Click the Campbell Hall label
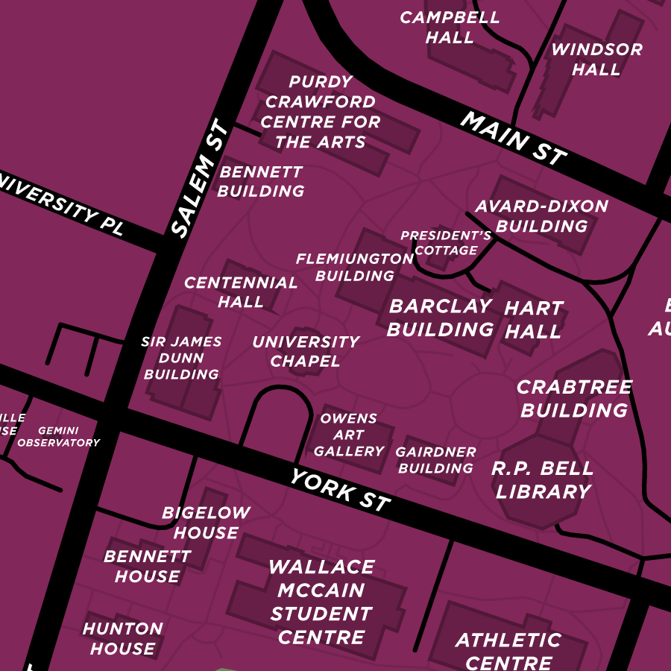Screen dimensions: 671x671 click(449, 28)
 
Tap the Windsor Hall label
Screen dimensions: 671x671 click(596, 60)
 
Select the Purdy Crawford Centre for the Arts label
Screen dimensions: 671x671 click(321, 112)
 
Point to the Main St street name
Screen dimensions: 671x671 click(513, 138)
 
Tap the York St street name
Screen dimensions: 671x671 click(340, 491)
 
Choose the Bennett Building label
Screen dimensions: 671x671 click(261, 182)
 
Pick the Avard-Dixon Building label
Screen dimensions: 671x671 click(541, 216)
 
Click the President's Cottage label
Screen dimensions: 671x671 click(446, 243)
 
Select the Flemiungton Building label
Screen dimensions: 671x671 click(355, 268)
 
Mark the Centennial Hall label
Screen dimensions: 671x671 click(241, 292)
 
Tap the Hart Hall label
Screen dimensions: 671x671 click(534, 320)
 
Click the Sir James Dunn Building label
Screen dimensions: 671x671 click(181, 358)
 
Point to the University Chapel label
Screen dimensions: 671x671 click(306, 352)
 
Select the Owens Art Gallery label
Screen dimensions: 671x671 click(349, 435)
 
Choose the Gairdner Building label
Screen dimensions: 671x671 click(435, 461)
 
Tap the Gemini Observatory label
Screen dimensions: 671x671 click(58, 437)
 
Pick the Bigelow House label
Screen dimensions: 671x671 click(206, 523)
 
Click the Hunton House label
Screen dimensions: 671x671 click(122, 639)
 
